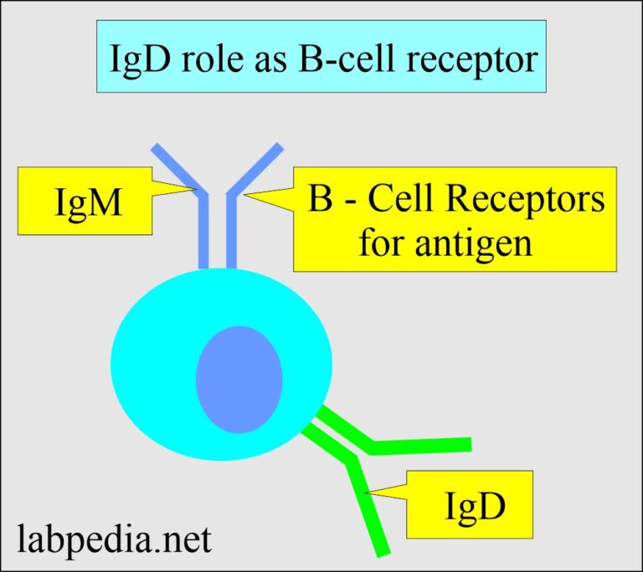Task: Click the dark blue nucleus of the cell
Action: [x=239, y=380]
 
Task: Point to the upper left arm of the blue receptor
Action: [x=175, y=168]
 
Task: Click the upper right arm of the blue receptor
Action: [x=258, y=168]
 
